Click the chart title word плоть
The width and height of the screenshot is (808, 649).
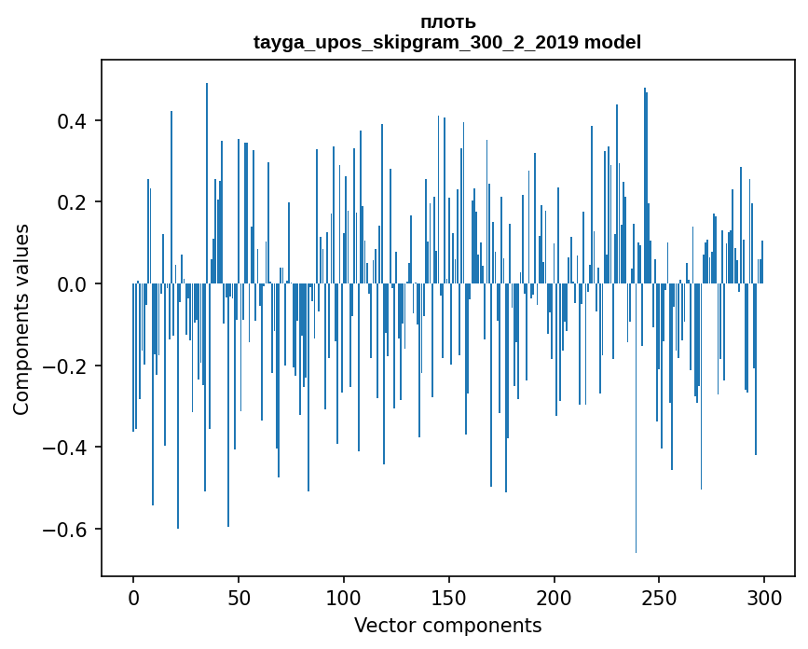[447, 22]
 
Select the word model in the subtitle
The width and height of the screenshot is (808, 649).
[612, 42]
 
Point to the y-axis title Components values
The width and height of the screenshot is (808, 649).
[21, 319]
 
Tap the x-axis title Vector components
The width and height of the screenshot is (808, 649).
[447, 625]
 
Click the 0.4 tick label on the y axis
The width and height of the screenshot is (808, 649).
[75, 121]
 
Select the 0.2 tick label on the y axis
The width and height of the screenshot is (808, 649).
[75, 202]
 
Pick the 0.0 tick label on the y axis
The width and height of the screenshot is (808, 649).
[75, 284]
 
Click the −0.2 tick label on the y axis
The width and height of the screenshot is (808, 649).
[69, 366]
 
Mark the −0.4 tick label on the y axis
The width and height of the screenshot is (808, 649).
[69, 448]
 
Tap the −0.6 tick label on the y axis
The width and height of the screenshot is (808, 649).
[69, 530]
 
